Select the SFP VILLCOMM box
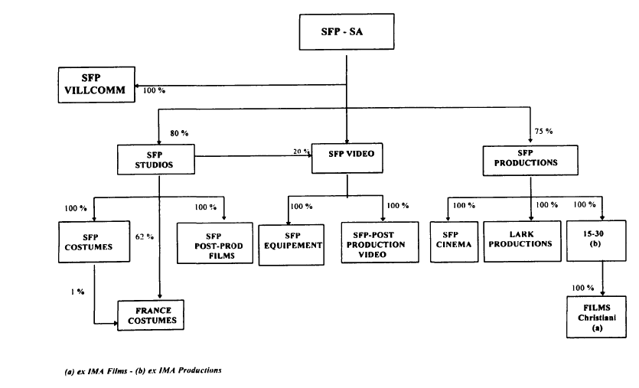pyautogui.click(x=96, y=83)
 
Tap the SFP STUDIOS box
pyautogui.click(x=155, y=158)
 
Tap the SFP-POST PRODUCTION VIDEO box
pyautogui.click(x=380, y=243)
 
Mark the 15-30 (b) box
pyautogui.click(x=596, y=241)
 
